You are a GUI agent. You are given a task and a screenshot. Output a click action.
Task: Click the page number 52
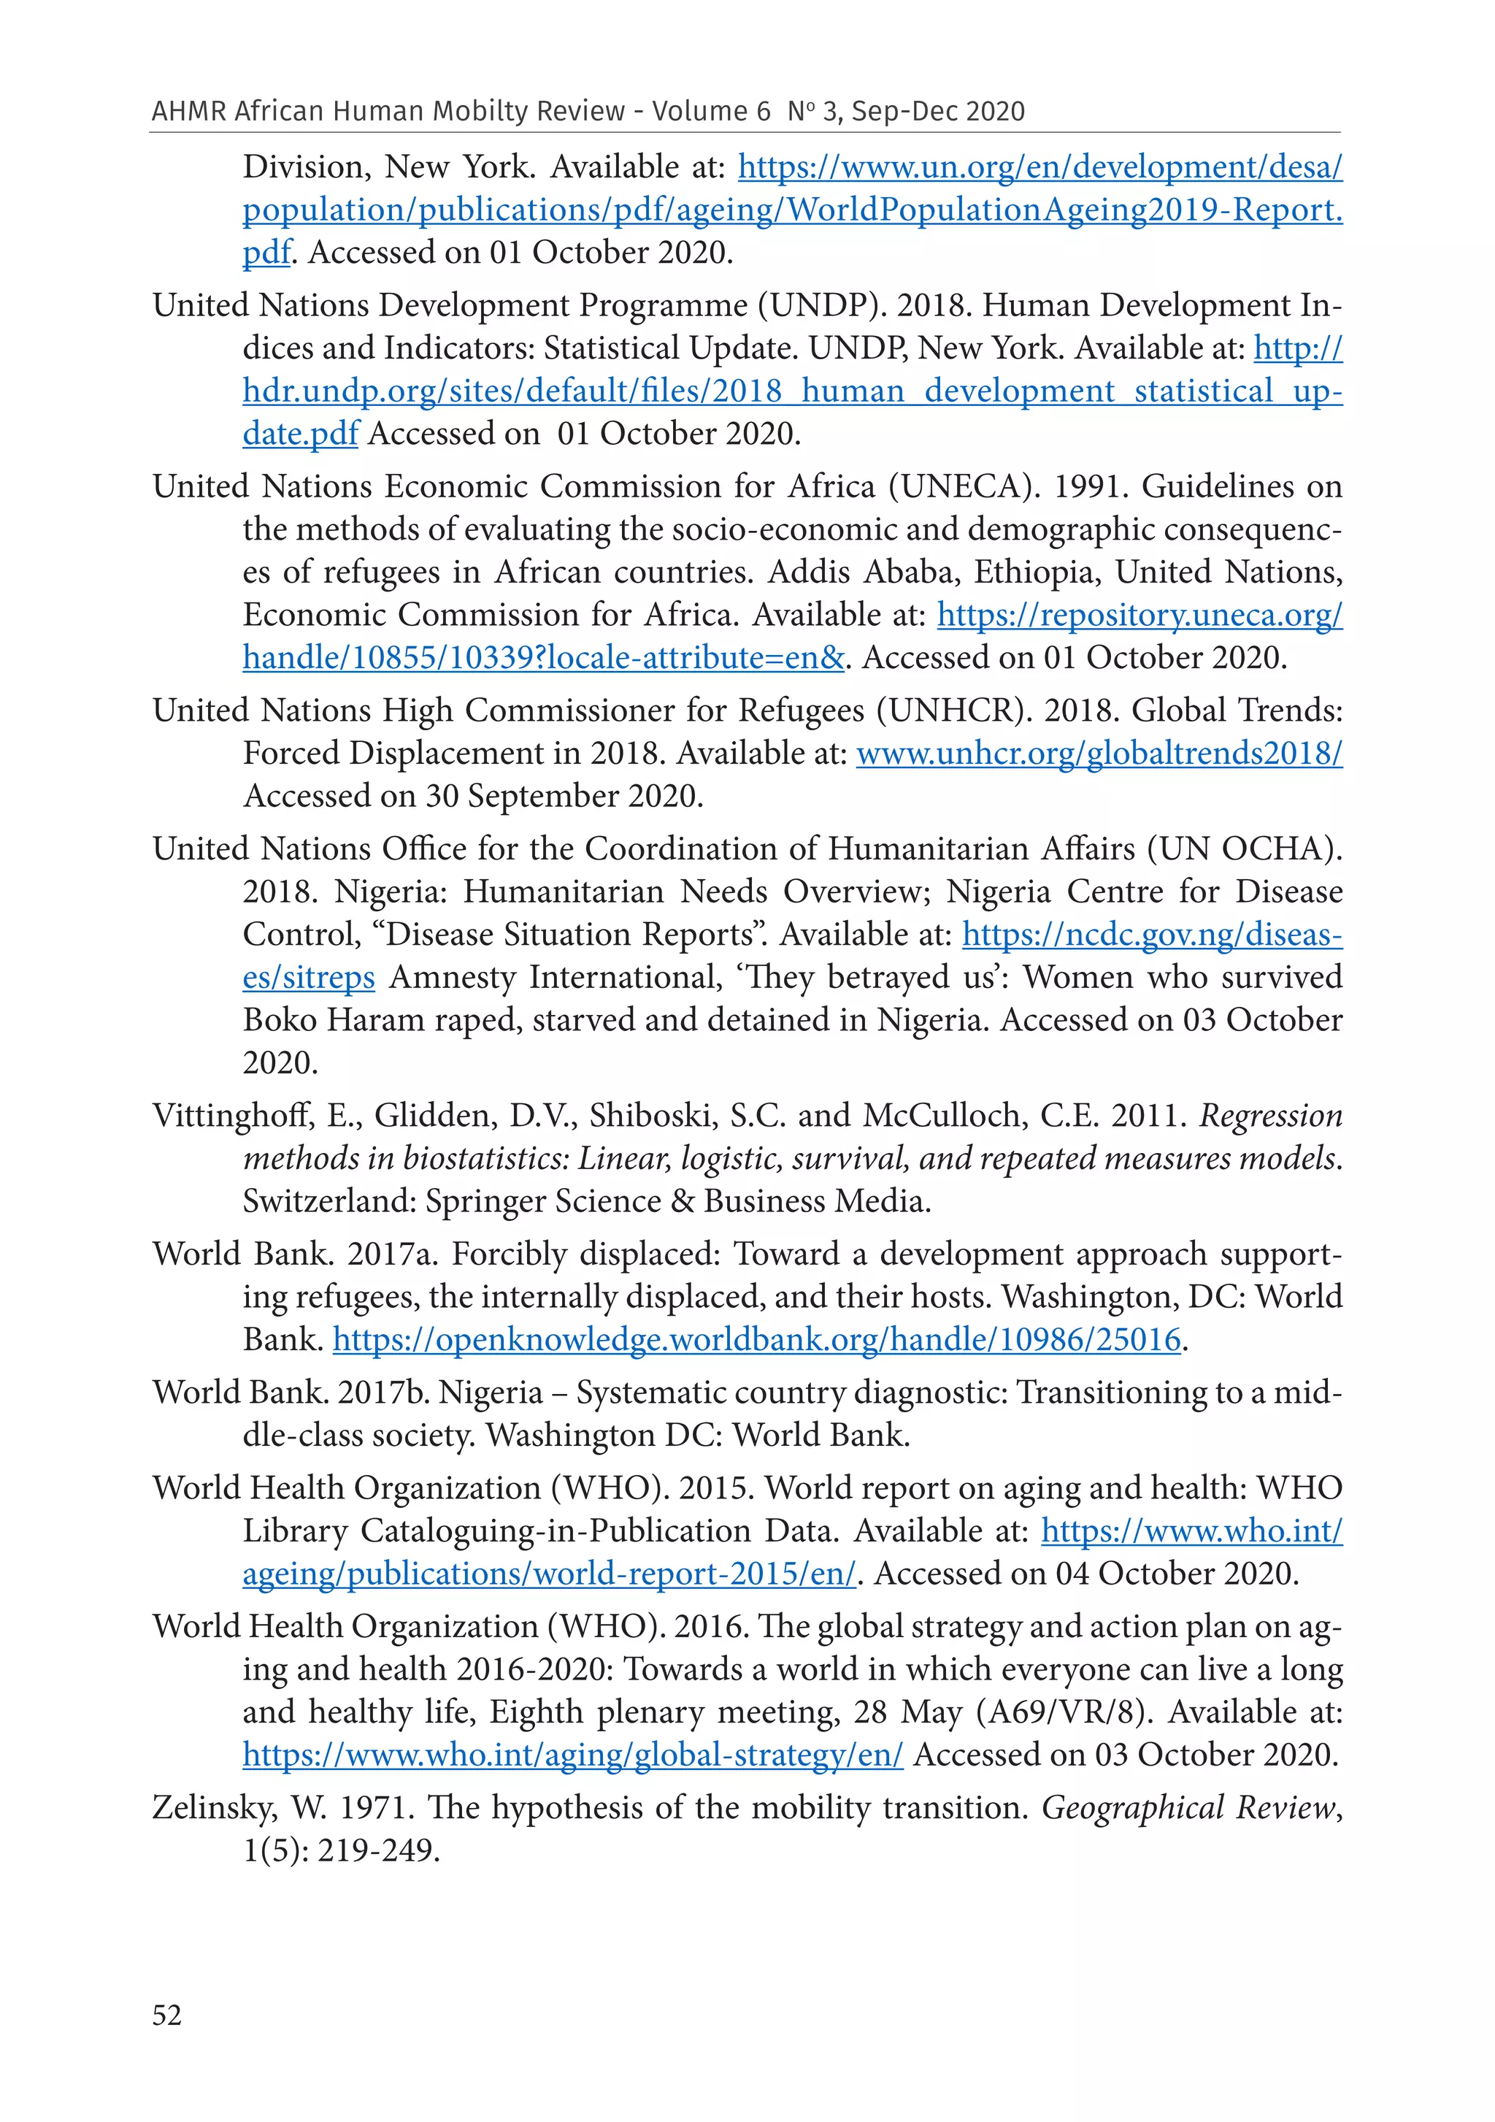coord(167,2014)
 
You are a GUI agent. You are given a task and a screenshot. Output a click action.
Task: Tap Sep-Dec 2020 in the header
coord(938,111)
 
